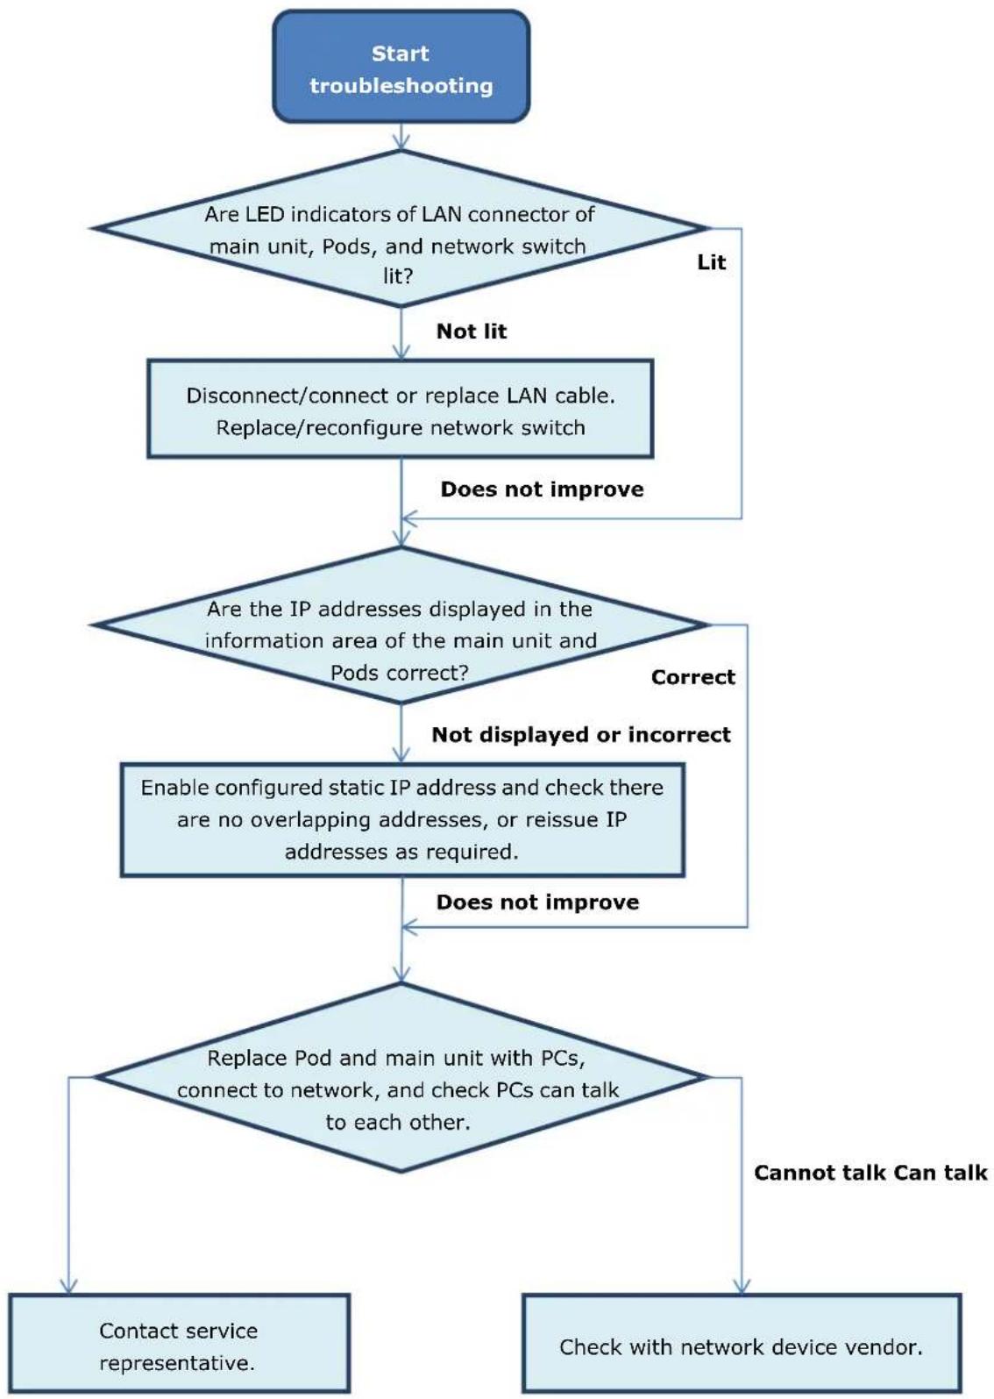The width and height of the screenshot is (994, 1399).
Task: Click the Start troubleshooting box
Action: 401,66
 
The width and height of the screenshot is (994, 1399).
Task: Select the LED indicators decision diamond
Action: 401,229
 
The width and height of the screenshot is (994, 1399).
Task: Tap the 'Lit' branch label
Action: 712,262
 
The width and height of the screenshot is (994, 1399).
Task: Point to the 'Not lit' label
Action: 471,331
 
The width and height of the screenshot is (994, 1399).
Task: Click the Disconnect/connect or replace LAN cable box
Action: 400,409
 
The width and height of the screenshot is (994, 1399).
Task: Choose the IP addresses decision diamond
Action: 401,625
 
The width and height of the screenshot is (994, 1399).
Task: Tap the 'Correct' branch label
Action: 692,677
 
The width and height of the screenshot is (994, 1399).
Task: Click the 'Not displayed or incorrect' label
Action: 581,734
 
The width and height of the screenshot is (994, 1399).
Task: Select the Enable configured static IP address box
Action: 402,819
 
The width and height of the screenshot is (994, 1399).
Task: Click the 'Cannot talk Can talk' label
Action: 870,1173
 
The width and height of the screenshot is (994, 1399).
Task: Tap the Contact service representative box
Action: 179,1342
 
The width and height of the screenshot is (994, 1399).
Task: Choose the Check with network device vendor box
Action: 742,1342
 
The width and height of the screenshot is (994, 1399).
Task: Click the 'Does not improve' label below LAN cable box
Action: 542,489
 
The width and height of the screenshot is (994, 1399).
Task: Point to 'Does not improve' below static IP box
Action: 537,902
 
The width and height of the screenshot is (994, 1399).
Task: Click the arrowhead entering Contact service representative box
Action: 68,1287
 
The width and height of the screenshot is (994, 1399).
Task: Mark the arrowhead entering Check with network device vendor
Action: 742,1287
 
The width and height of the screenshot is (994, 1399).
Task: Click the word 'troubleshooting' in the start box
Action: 401,86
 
